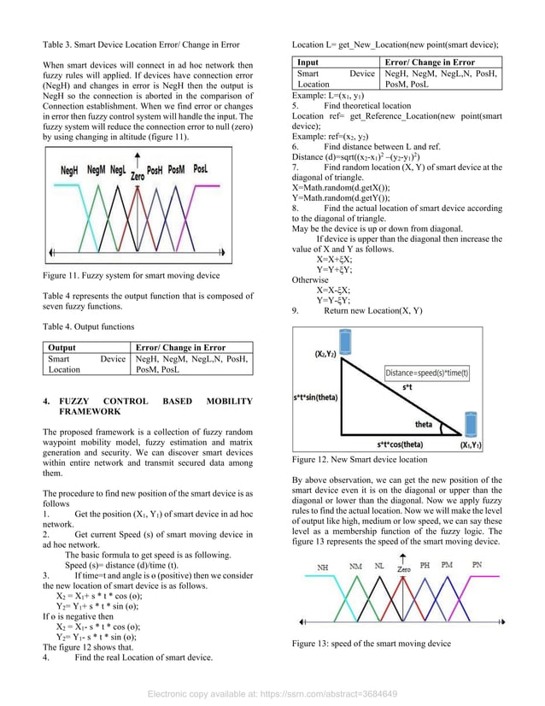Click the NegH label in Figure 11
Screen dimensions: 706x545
click(x=70, y=171)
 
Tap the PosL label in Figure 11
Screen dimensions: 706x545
click(x=200, y=169)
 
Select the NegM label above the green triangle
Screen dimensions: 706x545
click(x=96, y=170)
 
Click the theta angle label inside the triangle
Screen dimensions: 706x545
click(x=424, y=425)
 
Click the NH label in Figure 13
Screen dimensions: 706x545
click(x=322, y=567)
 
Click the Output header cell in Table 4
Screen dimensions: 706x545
click(x=62, y=348)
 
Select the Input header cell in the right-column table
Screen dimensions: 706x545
click(x=308, y=62)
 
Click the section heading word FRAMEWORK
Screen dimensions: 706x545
click(x=90, y=411)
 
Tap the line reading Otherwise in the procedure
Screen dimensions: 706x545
click(x=310, y=279)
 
